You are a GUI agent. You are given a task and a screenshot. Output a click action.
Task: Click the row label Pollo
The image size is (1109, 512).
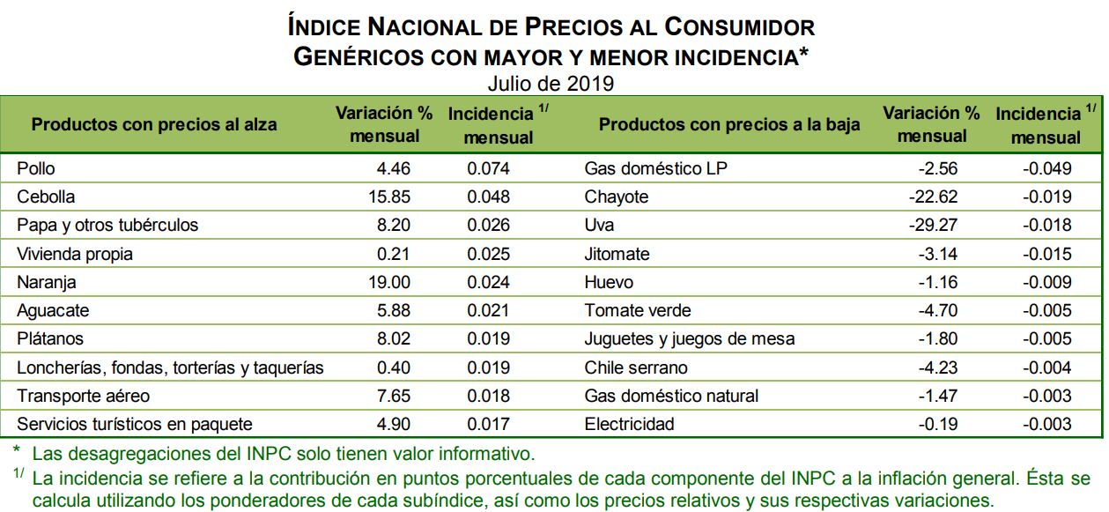click(36, 168)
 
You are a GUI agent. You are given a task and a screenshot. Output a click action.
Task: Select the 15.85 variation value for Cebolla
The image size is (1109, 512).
click(388, 197)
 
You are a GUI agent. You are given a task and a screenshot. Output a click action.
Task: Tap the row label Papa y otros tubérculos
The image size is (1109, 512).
click(107, 225)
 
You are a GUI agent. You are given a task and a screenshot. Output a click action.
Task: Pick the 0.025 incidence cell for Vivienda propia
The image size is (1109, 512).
click(488, 254)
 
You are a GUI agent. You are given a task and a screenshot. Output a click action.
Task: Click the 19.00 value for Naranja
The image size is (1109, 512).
click(388, 282)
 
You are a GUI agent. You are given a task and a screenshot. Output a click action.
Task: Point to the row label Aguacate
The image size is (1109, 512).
click(53, 310)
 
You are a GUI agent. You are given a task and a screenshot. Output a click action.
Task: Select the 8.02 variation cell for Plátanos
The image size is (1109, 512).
click(393, 338)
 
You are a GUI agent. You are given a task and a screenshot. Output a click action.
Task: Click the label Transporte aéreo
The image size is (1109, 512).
click(83, 396)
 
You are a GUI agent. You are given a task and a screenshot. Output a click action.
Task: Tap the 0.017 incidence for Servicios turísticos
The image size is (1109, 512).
click(488, 424)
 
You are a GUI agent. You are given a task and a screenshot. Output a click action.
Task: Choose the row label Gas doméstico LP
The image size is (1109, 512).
click(656, 168)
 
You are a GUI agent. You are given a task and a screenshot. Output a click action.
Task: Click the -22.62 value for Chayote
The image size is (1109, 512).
click(933, 197)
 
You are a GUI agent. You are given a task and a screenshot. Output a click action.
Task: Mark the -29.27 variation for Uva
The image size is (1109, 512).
click(933, 225)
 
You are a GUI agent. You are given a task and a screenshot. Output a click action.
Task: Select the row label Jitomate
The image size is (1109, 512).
click(617, 254)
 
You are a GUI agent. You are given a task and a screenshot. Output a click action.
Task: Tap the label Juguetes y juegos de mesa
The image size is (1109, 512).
click(689, 338)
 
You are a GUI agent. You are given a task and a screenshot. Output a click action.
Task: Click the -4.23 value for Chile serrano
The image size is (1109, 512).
click(937, 367)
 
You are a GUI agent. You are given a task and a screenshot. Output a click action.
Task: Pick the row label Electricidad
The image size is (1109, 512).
click(629, 424)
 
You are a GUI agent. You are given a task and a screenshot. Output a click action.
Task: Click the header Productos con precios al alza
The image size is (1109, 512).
click(154, 124)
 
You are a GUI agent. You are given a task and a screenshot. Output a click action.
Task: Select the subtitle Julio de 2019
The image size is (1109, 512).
click(551, 84)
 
